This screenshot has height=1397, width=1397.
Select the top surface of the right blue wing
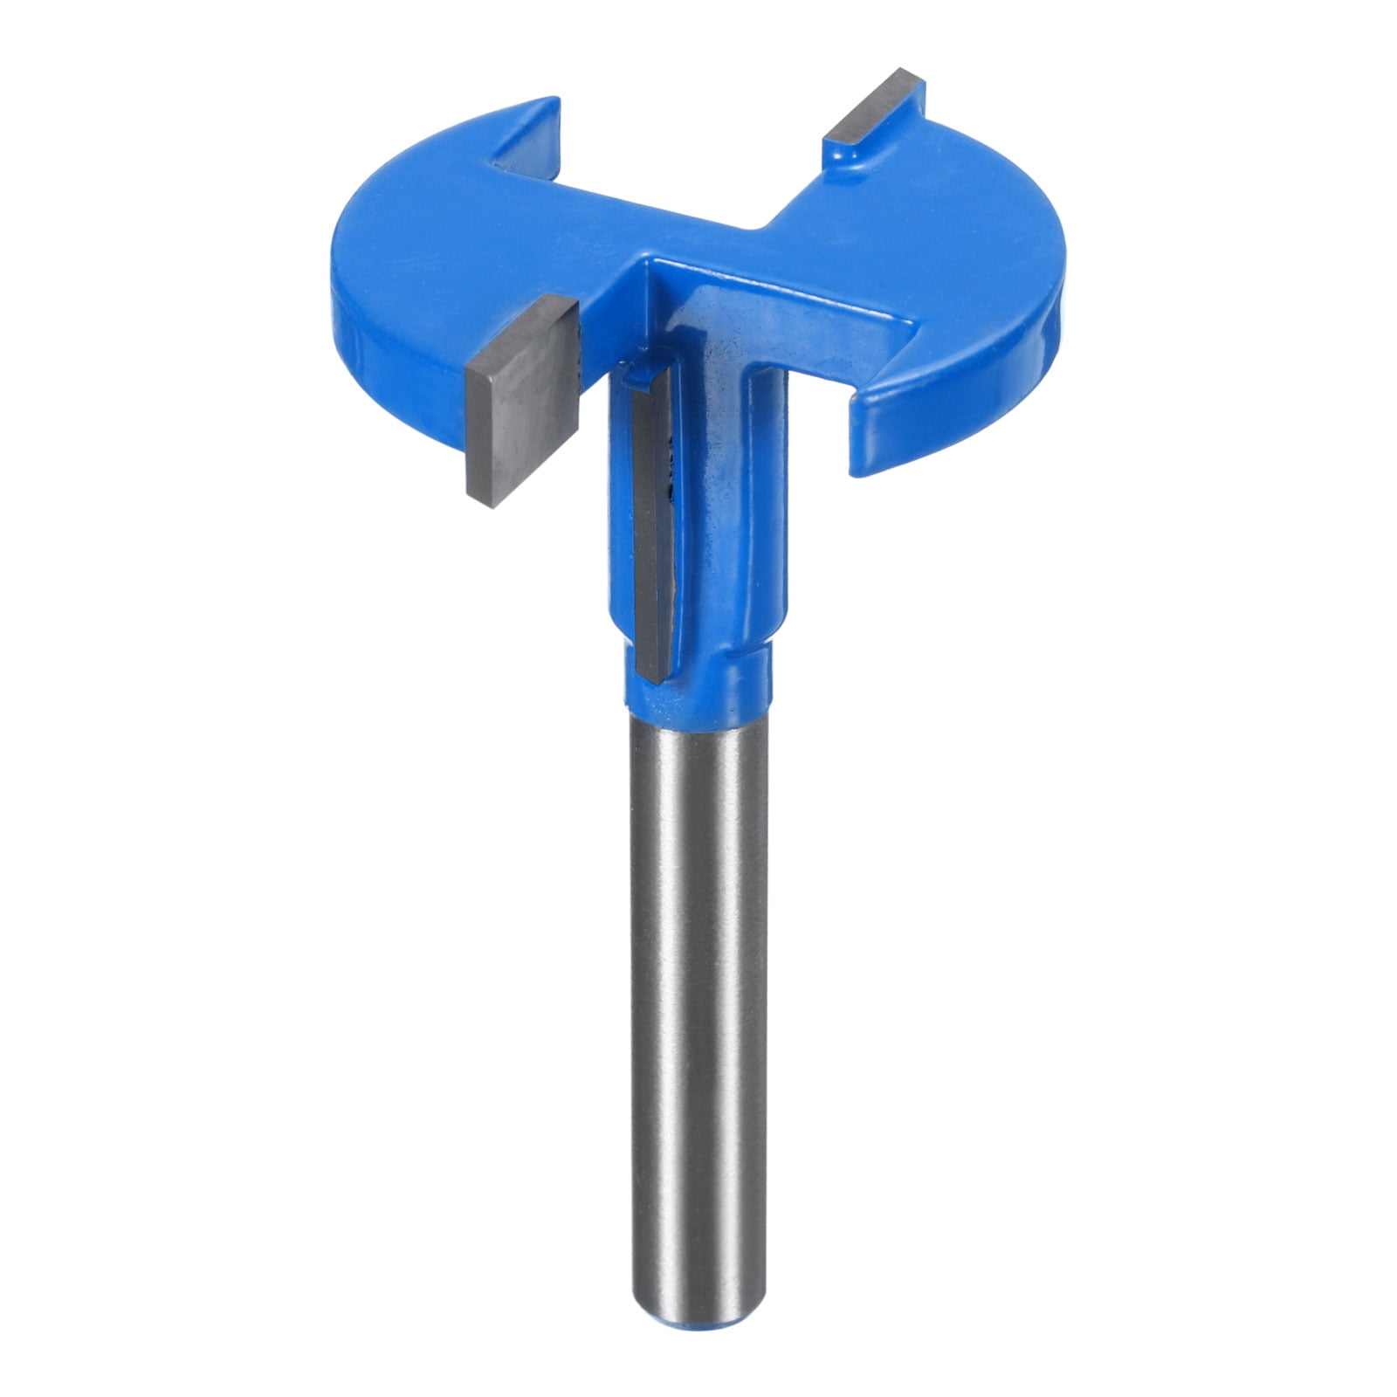[x=943, y=218]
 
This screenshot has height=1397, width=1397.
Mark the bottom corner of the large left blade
[x=493, y=505]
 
